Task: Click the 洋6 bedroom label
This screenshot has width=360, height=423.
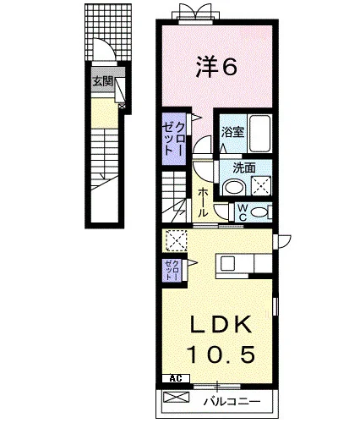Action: [x=216, y=67]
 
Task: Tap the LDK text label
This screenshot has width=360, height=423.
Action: [x=221, y=324]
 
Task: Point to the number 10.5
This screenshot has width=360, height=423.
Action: [x=221, y=354]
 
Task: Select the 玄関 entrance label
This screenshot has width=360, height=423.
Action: [x=103, y=82]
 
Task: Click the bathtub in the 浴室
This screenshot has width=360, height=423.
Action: [x=259, y=134]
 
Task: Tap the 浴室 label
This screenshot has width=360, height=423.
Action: [x=232, y=132]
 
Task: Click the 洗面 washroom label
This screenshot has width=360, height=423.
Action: [x=244, y=168]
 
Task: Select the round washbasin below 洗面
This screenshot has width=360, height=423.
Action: [x=233, y=188]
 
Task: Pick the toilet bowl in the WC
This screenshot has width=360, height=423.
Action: [x=259, y=212]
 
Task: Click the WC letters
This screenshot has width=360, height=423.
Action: [x=243, y=212]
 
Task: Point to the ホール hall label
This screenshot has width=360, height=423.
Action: [x=203, y=202]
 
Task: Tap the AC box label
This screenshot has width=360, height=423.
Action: [x=176, y=378]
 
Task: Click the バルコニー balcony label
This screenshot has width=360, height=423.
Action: [x=232, y=401]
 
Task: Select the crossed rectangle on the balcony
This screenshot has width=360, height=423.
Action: [x=177, y=398]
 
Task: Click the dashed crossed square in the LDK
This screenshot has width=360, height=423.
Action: [x=177, y=240]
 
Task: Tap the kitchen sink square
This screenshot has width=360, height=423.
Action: [x=227, y=264]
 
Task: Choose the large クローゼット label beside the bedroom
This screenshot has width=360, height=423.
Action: [x=174, y=139]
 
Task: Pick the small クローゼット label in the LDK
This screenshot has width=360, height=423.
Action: [x=172, y=270]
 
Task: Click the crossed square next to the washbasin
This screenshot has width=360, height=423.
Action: [x=261, y=185]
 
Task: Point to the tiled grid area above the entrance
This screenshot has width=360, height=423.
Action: [x=109, y=31]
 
